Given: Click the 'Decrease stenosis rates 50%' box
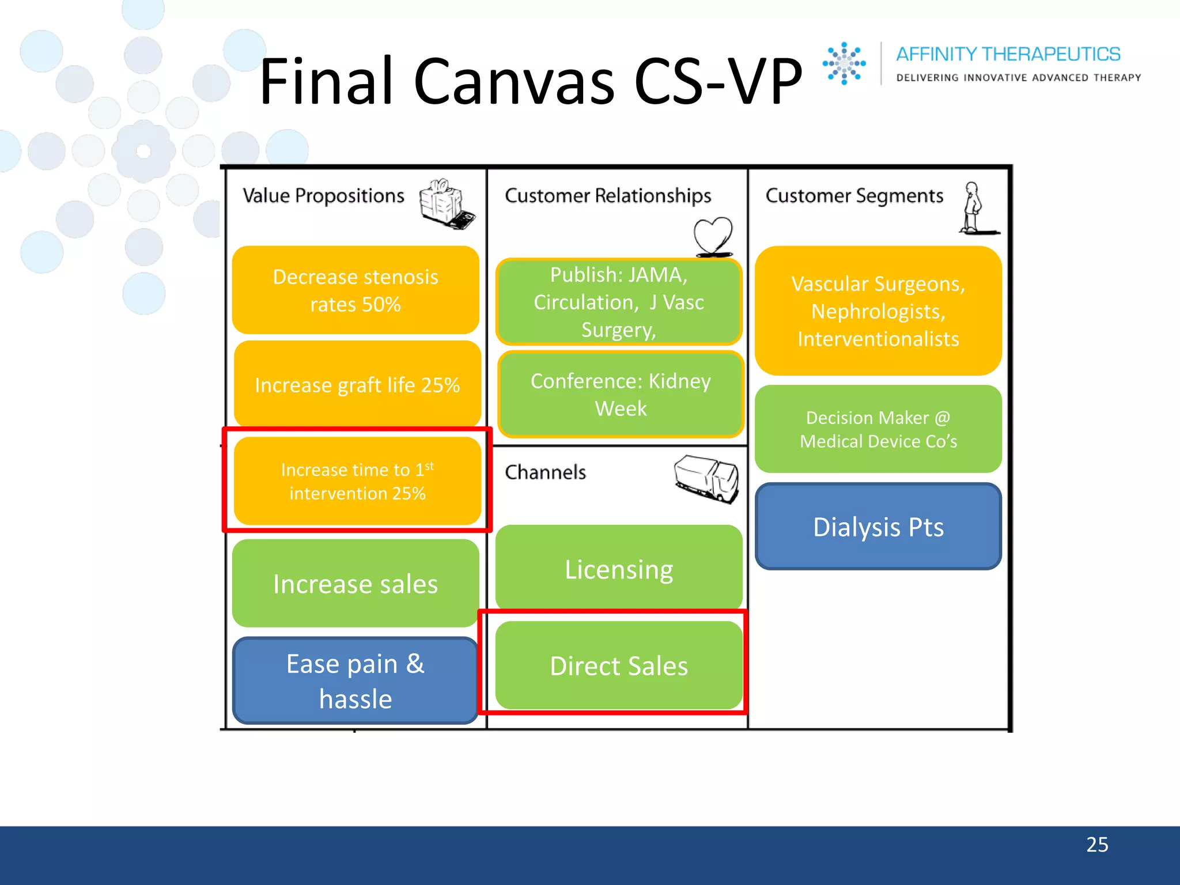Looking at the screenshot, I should click(x=355, y=290).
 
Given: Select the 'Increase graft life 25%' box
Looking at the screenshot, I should click(x=357, y=384).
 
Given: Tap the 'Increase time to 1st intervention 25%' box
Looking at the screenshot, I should click(x=357, y=481).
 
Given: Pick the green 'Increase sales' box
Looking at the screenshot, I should click(x=355, y=583).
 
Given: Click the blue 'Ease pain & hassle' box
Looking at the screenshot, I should click(x=355, y=680).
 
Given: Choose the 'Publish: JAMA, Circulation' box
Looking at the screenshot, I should click(x=619, y=302).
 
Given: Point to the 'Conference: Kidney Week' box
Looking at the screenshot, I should click(x=621, y=395).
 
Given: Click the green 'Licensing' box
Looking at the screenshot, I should click(x=619, y=569).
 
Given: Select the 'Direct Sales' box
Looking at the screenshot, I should click(x=619, y=665).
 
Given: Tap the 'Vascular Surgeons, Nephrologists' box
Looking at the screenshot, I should click(x=878, y=311).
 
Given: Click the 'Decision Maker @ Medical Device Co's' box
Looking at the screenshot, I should click(x=878, y=429).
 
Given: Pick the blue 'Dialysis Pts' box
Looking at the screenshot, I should click(x=878, y=527).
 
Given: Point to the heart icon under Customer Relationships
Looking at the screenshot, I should click(x=713, y=237).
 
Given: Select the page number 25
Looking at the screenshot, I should click(x=1097, y=845).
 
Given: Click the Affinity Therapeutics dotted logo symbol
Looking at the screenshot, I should click(x=844, y=63).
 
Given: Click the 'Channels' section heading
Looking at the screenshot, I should click(x=545, y=472).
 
